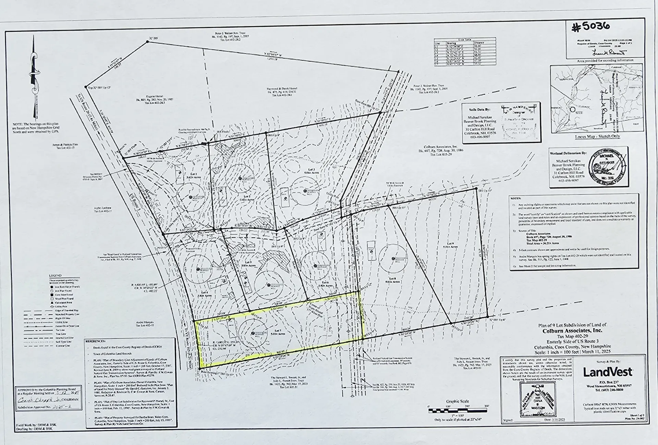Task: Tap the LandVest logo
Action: (x=608, y=372)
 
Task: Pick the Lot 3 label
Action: (x=311, y=170)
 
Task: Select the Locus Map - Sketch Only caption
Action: (x=597, y=136)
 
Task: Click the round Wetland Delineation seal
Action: (x=604, y=167)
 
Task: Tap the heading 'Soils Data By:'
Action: (x=479, y=110)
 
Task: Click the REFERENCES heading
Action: (x=96, y=341)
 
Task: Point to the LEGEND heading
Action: (x=55, y=276)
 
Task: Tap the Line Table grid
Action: (x=465, y=51)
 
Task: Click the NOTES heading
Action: (x=516, y=198)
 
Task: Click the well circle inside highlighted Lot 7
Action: (x=253, y=333)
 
